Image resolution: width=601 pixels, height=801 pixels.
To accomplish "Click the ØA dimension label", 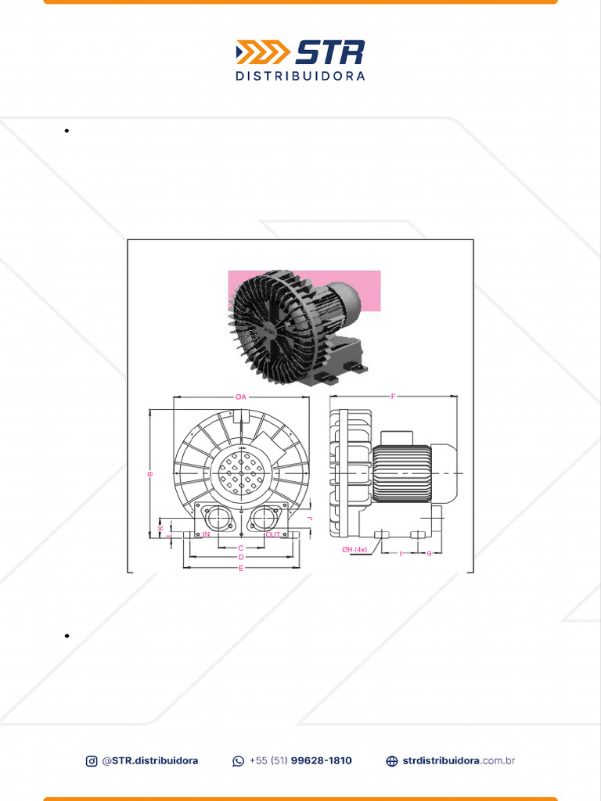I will [241, 397].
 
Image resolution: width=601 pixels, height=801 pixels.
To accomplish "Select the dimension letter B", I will [150, 473].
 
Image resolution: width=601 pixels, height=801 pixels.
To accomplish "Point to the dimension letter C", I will [241, 548].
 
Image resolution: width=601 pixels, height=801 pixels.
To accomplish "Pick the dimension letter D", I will [241, 558].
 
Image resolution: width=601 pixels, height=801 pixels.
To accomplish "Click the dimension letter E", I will [241, 569].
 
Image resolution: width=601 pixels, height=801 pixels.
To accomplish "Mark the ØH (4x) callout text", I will [354, 550].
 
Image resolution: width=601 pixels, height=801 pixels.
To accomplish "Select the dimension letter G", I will [429, 554].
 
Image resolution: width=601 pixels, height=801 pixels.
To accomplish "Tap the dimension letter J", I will [310, 519].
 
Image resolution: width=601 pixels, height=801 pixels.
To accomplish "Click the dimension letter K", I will [160, 529].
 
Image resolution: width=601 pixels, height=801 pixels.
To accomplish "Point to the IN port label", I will [207, 534].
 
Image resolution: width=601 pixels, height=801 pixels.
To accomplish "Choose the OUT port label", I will [272, 534].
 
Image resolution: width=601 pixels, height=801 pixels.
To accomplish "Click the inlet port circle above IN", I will [215, 517].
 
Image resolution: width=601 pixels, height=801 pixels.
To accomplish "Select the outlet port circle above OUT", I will [265, 517].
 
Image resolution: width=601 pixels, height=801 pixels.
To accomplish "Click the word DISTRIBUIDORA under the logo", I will [300, 77].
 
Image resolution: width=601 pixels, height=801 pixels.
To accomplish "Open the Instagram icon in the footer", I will [92, 761].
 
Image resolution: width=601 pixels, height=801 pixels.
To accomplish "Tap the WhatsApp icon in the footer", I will [239, 761].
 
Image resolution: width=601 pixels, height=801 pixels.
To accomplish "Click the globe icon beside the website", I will [392, 761].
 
